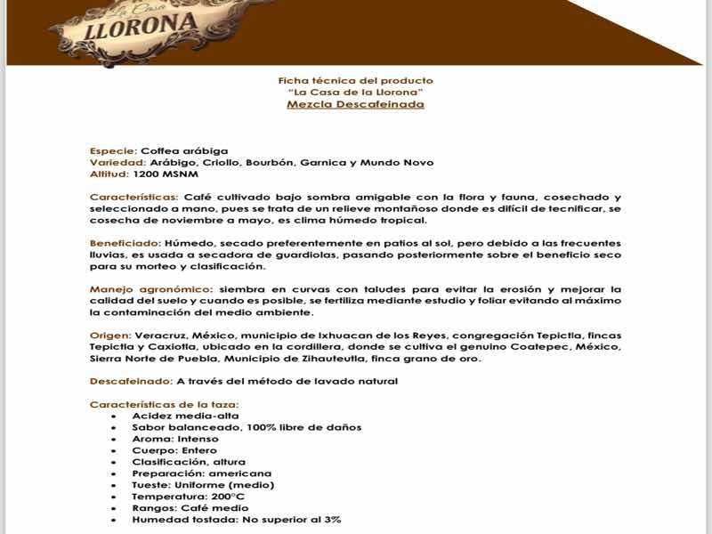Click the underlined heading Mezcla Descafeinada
[x=355, y=104]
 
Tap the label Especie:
[x=113, y=151]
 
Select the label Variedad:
[x=118, y=163]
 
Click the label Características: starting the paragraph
[x=134, y=197]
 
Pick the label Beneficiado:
[x=125, y=243]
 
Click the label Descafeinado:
[x=131, y=382]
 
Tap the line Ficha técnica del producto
[x=355, y=81]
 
